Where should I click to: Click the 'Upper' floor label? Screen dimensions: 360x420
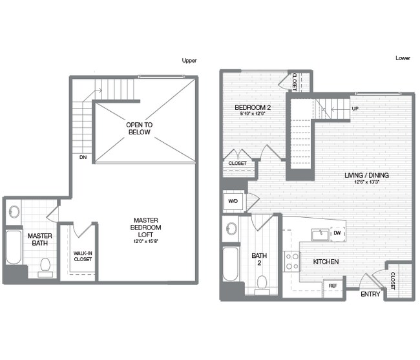pyautogui.click(x=189, y=61)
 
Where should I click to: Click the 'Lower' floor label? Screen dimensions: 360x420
pyautogui.click(x=403, y=58)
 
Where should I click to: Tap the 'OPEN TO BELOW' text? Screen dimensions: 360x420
pyautogui.click(x=139, y=127)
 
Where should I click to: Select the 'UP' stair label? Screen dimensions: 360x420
pyautogui.click(x=355, y=109)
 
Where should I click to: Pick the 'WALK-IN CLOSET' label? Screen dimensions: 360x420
pyautogui.click(x=82, y=255)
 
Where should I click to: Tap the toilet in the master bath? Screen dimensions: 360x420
pyautogui.click(x=45, y=265)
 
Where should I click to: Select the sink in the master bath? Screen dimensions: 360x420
pyautogui.click(x=14, y=211)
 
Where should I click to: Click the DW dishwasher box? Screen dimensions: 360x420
pyautogui.click(x=337, y=234)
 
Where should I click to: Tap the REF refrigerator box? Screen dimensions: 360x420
pyautogui.click(x=333, y=285)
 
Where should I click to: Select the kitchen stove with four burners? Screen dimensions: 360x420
pyautogui.click(x=292, y=260)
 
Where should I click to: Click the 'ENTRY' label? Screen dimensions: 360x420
pyautogui.click(x=371, y=294)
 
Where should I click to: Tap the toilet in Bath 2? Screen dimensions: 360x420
pyautogui.click(x=262, y=282)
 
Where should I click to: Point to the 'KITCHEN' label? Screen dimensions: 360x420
pyautogui.click(x=326, y=262)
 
